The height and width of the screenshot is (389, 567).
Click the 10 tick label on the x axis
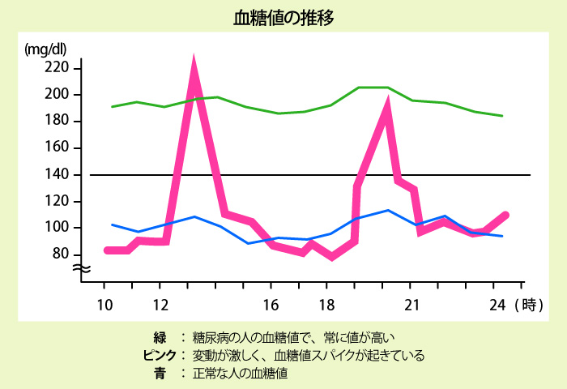click(x=104, y=305)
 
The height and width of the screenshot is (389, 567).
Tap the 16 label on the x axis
click(x=271, y=305)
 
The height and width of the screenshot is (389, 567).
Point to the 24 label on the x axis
click(x=497, y=305)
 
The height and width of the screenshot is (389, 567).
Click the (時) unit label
click(x=528, y=305)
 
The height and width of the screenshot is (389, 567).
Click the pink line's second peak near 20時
click(x=388, y=104)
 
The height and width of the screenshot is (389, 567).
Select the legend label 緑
click(x=159, y=336)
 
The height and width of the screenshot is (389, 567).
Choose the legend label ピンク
click(x=159, y=355)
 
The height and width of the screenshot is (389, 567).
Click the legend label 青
click(x=159, y=374)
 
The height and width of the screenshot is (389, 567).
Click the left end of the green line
click(x=112, y=106)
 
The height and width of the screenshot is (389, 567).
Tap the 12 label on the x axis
click(x=160, y=305)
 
